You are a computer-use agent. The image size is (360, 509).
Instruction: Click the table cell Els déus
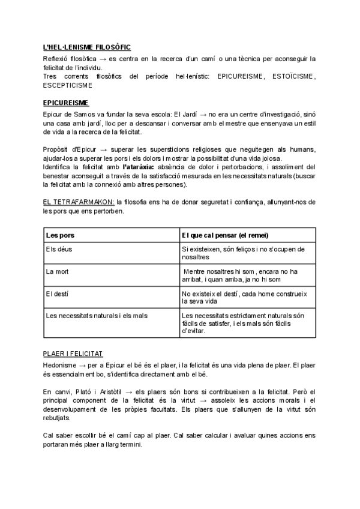[59, 248]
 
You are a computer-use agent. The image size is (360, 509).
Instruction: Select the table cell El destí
[58, 294]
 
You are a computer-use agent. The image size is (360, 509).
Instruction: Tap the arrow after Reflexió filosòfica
[103, 58]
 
